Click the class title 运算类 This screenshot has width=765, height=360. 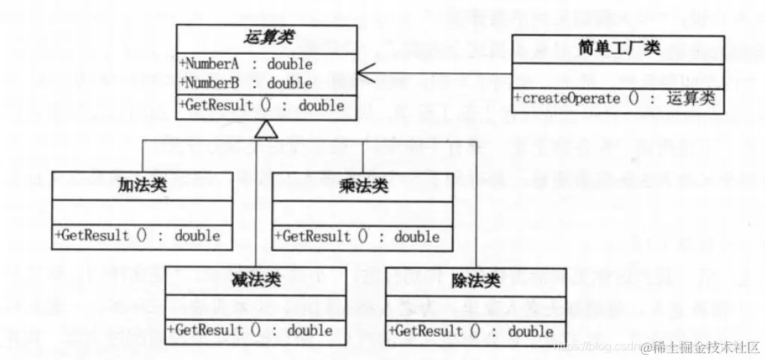(x=267, y=37)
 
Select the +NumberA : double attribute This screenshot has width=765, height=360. (x=246, y=64)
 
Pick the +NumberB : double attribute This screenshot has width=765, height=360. (x=246, y=83)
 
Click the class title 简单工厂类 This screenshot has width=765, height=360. (x=619, y=49)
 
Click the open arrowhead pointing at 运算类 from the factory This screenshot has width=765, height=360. (x=365, y=73)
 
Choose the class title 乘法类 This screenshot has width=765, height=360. (x=363, y=186)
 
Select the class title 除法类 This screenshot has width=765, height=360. (x=476, y=280)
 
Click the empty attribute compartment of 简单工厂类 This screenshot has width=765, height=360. (x=619, y=76)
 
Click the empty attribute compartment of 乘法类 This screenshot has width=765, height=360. (x=363, y=213)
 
